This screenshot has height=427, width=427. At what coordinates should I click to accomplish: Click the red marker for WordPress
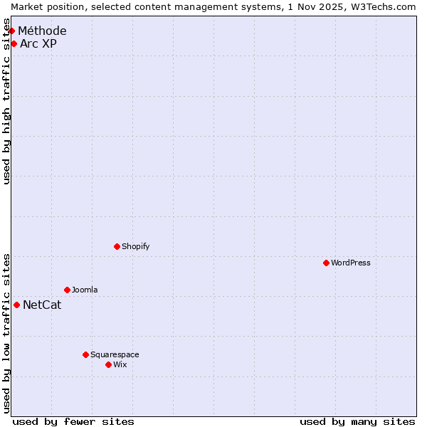coord(326,263)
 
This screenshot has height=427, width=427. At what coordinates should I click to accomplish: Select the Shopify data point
coord(117,246)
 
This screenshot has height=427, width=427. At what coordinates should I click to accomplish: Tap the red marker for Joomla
coord(67,290)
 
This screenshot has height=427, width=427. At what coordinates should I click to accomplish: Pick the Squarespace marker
coord(85,354)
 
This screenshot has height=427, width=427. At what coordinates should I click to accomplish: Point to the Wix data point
coord(108,364)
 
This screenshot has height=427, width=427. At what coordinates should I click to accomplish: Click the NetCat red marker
coord(16,305)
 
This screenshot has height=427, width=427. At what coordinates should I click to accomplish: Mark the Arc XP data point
coord(14,43)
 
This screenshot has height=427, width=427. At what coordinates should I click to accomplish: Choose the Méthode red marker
coord(11,31)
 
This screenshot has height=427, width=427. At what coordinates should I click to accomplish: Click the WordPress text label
coord(351,263)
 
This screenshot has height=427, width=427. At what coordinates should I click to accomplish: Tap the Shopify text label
coord(135,246)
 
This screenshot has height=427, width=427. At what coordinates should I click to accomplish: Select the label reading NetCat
coord(42,305)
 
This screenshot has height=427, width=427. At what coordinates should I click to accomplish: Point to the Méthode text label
coord(42,31)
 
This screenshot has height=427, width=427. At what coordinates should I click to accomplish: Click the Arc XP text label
coord(38,43)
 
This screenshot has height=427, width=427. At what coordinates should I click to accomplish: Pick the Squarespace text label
coord(115,354)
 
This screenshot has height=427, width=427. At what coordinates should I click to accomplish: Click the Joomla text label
coord(85,290)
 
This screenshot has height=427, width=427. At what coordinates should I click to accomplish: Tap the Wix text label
coord(120,364)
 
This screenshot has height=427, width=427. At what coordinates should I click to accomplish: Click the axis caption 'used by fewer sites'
coord(73,421)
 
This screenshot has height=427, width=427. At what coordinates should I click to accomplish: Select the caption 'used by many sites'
coord(357,421)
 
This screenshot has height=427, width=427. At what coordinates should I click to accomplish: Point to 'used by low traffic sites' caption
coord(7,333)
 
